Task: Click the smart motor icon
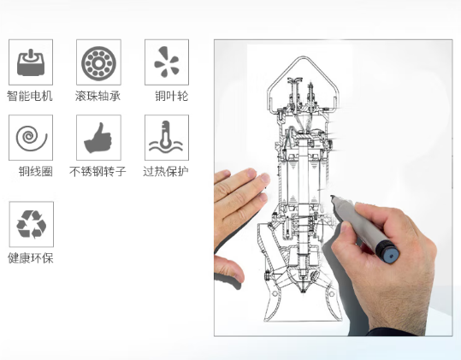(x=31, y=62)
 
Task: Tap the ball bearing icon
(x=99, y=63)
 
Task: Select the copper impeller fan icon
(x=167, y=62)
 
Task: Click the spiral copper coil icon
(x=31, y=139)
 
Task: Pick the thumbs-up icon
(x=98, y=138)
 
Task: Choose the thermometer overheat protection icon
(x=166, y=136)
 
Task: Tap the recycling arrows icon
(x=31, y=224)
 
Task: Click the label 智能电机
(x=30, y=96)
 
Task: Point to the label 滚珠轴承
(x=98, y=96)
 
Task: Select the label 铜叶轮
(x=172, y=96)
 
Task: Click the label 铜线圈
(x=36, y=171)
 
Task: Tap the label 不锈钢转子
(x=98, y=171)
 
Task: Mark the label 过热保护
(x=166, y=171)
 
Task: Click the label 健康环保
(x=31, y=258)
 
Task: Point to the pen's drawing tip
(x=332, y=197)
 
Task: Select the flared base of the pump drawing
(x=303, y=305)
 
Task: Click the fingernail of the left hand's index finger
(x=265, y=178)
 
